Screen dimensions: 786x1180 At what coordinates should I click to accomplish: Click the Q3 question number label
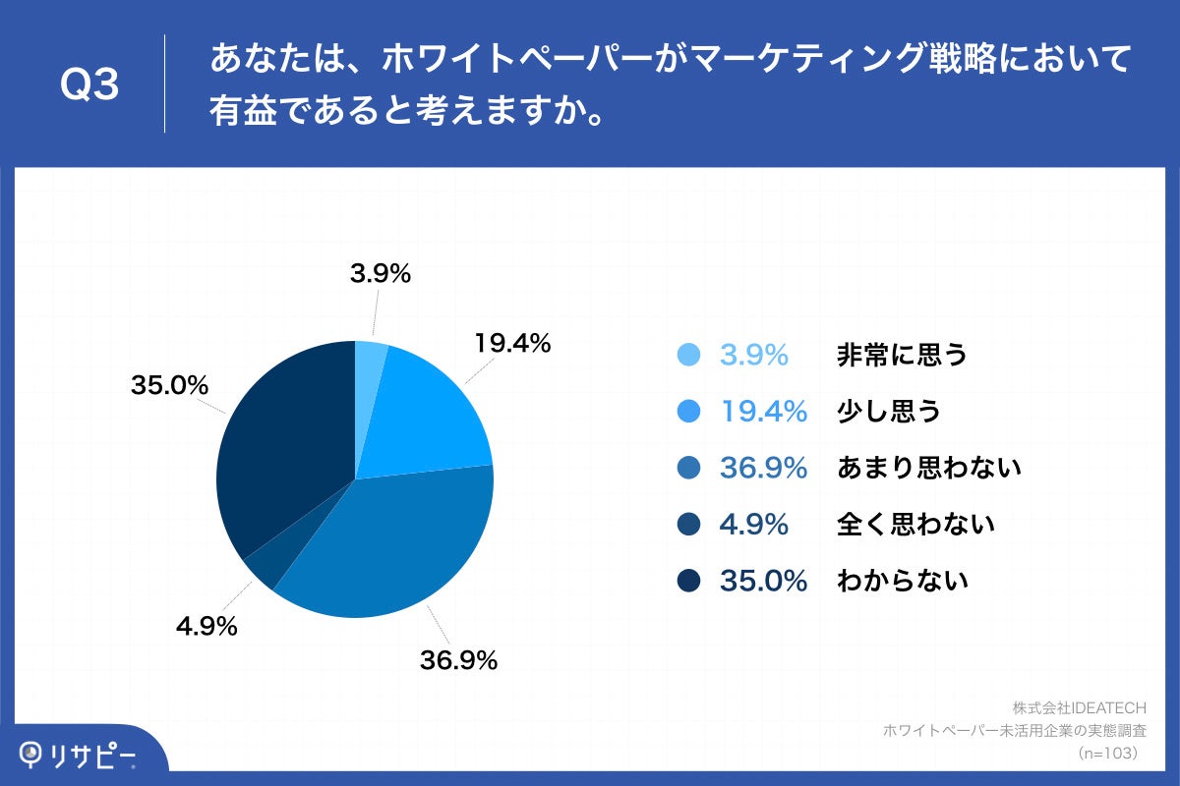89,85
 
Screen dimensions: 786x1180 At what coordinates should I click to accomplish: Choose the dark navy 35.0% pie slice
285,442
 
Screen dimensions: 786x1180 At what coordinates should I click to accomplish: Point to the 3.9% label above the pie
380,275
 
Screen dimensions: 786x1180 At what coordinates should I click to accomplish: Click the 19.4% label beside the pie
511,344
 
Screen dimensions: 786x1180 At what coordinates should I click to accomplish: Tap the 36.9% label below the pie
458,660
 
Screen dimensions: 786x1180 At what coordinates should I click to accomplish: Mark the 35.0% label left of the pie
169,386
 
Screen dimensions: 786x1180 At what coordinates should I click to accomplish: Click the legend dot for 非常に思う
689,355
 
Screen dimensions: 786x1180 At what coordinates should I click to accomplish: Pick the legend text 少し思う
888,411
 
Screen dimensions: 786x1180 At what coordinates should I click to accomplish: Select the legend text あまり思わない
928,468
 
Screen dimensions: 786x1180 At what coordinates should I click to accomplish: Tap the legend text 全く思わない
914,524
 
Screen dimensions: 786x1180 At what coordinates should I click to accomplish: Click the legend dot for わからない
689,581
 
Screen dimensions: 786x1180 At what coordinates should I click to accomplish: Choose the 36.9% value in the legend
763,468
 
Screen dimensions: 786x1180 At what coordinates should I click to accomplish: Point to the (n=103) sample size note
1108,753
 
